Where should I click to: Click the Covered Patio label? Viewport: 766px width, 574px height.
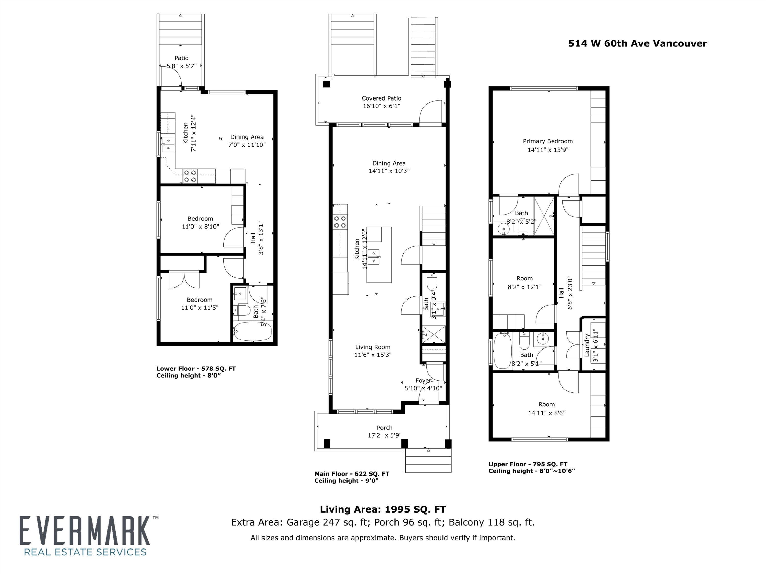pyautogui.click(x=381, y=98)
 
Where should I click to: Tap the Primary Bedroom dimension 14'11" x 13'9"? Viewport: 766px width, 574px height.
pyautogui.click(x=548, y=150)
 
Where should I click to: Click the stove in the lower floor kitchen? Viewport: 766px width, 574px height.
pyautogui.click(x=190, y=176)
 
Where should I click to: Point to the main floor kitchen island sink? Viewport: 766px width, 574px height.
pyautogui.click(x=374, y=257)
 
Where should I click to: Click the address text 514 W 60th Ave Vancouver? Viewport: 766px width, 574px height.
pyautogui.click(x=637, y=44)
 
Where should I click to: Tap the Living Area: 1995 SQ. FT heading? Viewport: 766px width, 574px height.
pyautogui.click(x=383, y=509)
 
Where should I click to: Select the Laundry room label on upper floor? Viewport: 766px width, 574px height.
pyautogui.click(x=587, y=345)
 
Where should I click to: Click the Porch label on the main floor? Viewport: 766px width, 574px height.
pyautogui.click(x=384, y=428)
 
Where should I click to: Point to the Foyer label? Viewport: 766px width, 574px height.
pyautogui.click(x=423, y=380)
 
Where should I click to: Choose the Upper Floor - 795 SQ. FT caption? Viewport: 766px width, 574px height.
pyautogui.click(x=528, y=464)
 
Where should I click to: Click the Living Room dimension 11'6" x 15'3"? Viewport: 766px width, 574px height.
pyautogui.click(x=373, y=355)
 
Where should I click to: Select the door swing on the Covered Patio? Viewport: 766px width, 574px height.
pyautogui.click(x=430, y=111)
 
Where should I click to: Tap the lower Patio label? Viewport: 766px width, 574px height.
pyautogui.click(x=182, y=58)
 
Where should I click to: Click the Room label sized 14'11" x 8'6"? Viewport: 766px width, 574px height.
pyautogui.click(x=546, y=404)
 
